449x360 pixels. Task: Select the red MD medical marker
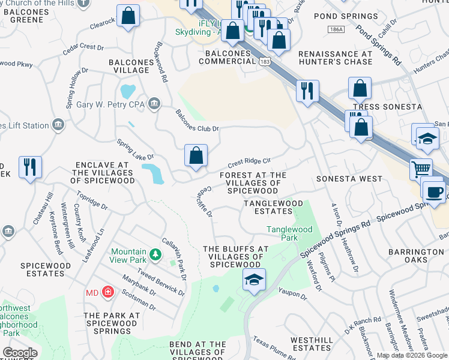click(108, 292)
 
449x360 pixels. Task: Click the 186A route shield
click(336, 29)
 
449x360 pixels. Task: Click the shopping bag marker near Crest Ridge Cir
click(196, 155)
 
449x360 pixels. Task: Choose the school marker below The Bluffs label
click(254, 280)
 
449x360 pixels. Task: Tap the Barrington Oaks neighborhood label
click(415, 256)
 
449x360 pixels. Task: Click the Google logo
click(20, 353)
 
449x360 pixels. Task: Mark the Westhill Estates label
click(312, 344)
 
